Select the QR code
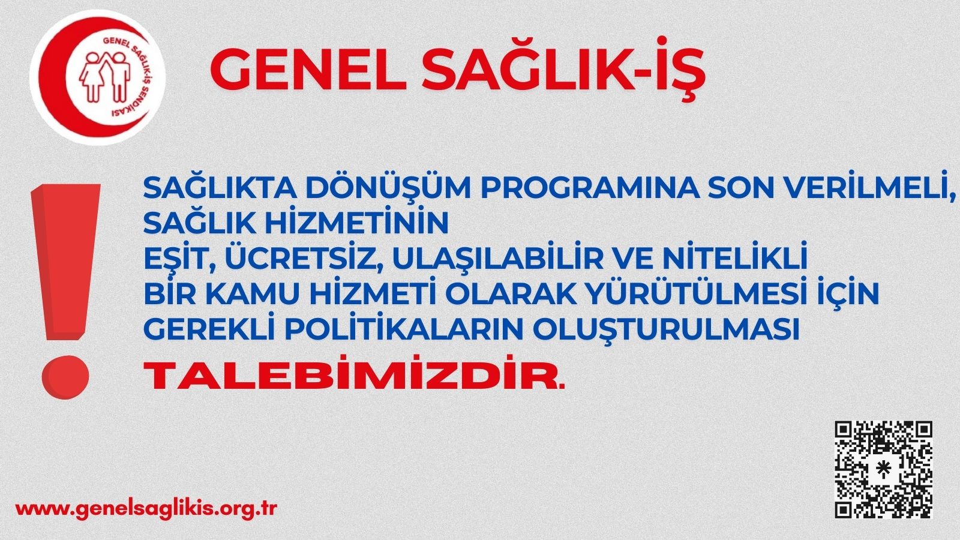[x=883, y=470]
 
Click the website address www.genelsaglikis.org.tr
[x=146, y=509]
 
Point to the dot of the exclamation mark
[x=65, y=377]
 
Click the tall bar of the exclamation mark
[x=65, y=262]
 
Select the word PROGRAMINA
[x=590, y=188]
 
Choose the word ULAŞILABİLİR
[x=500, y=259]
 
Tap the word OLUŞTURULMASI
[x=667, y=329]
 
